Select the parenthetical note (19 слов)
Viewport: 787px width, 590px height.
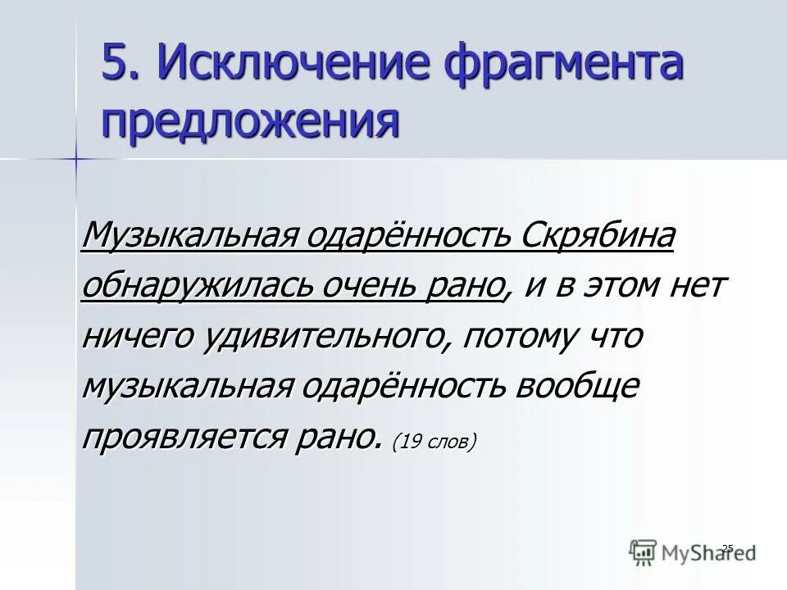[434, 441]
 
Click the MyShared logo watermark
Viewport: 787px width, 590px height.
[693, 552]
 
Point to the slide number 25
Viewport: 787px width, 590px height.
[726, 547]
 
